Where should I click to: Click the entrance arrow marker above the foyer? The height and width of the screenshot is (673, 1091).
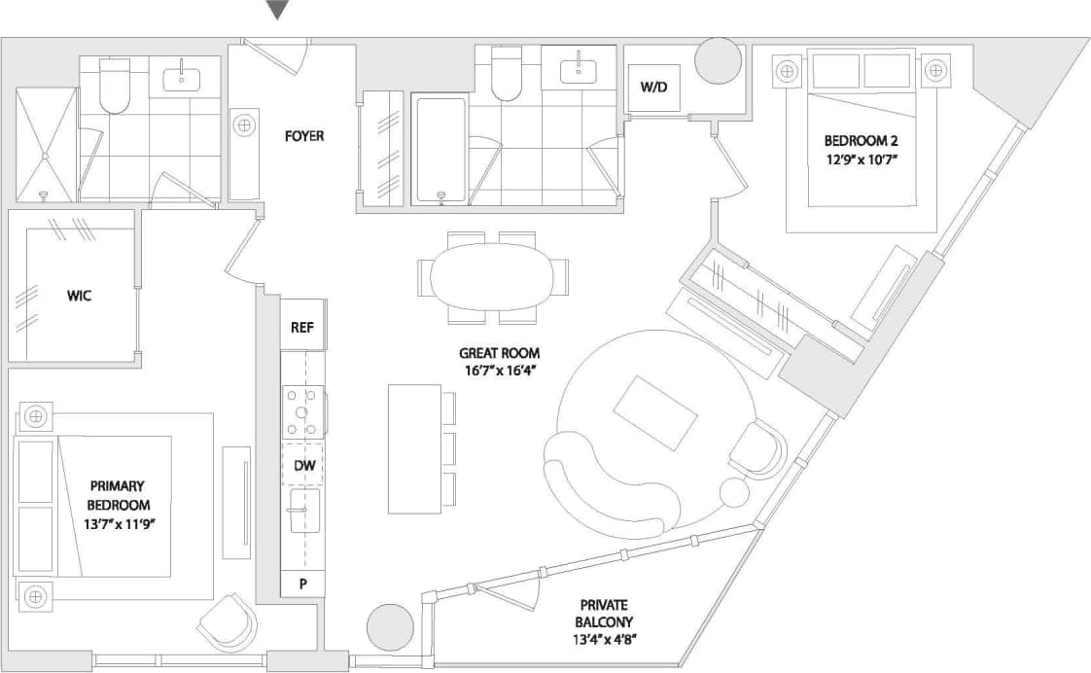click(x=278, y=11)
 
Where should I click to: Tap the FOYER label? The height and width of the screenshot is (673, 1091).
click(x=303, y=136)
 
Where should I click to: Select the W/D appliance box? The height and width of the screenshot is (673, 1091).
click(x=653, y=87)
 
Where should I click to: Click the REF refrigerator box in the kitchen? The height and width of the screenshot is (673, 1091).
click(x=302, y=328)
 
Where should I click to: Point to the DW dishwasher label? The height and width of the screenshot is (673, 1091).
click(x=304, y=466)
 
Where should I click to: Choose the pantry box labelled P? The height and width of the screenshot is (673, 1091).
click(x=302, y=584)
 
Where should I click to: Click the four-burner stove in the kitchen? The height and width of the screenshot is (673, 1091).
click(x=302, y=411)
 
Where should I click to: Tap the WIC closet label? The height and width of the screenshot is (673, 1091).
click(x=79, y=296)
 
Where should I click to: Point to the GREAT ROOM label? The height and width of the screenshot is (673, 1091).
click(x=500, y=353)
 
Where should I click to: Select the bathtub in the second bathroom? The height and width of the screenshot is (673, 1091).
click(x=440, y=148)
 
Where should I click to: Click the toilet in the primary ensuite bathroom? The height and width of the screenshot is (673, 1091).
click(x=114, y=89)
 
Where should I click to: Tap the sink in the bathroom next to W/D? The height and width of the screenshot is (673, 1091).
click(x=580, y=68)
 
